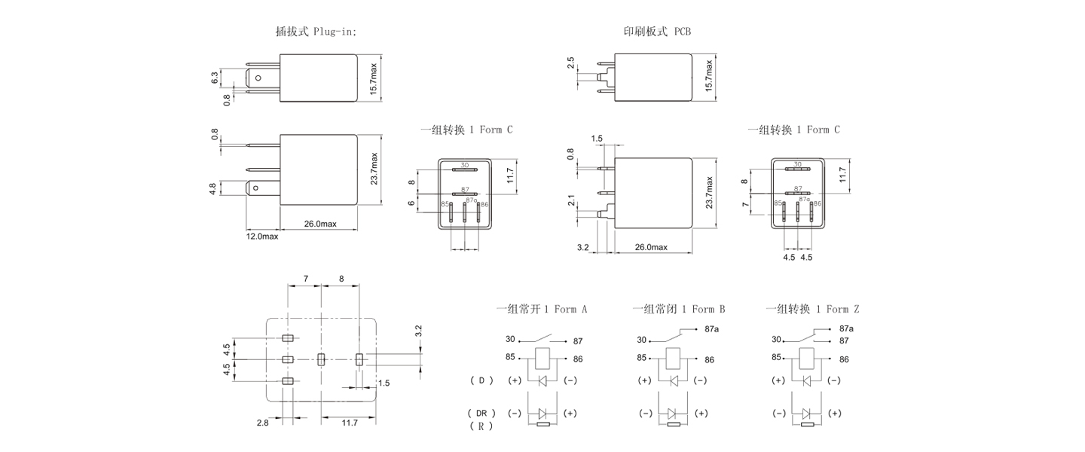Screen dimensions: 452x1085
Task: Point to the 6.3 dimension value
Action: [215, 77]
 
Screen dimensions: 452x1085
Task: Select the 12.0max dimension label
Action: [262, 237]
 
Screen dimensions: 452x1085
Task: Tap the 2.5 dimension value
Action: [571, 63]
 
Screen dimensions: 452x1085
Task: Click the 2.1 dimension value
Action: [572, 200]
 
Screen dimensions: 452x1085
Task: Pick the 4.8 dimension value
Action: [214, 188]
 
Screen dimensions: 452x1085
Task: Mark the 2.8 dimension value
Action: [262, 423]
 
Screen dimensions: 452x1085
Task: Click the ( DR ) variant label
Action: [480, 414]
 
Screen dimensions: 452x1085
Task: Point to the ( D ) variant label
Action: [481, 380]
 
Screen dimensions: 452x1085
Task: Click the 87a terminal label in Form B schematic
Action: [712, 328]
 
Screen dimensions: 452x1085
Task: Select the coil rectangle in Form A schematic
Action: [542, 358]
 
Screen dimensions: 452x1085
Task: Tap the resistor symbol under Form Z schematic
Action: [808, 424]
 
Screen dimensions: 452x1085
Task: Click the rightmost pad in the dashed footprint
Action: [359, 359]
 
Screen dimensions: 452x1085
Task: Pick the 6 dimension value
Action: [411, 203]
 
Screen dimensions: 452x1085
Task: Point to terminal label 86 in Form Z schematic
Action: [844, 360]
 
